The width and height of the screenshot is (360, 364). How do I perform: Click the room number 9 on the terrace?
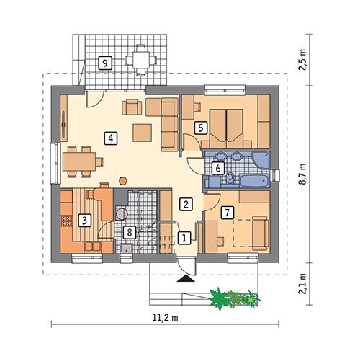pos(106,63)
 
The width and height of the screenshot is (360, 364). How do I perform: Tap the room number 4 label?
pos(110,138)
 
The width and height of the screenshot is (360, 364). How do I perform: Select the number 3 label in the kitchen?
pos(84,220)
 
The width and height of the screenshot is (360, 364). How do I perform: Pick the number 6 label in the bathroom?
pos(217,168)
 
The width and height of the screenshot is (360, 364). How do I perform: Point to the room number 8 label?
pos(129,232)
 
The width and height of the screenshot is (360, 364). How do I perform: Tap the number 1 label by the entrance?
pos(184,236)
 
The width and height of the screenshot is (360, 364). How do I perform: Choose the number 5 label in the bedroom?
pos(201,127)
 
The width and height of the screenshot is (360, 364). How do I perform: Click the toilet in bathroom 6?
pos(231,178)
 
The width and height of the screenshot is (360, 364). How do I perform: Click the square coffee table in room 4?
pos(142,133)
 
